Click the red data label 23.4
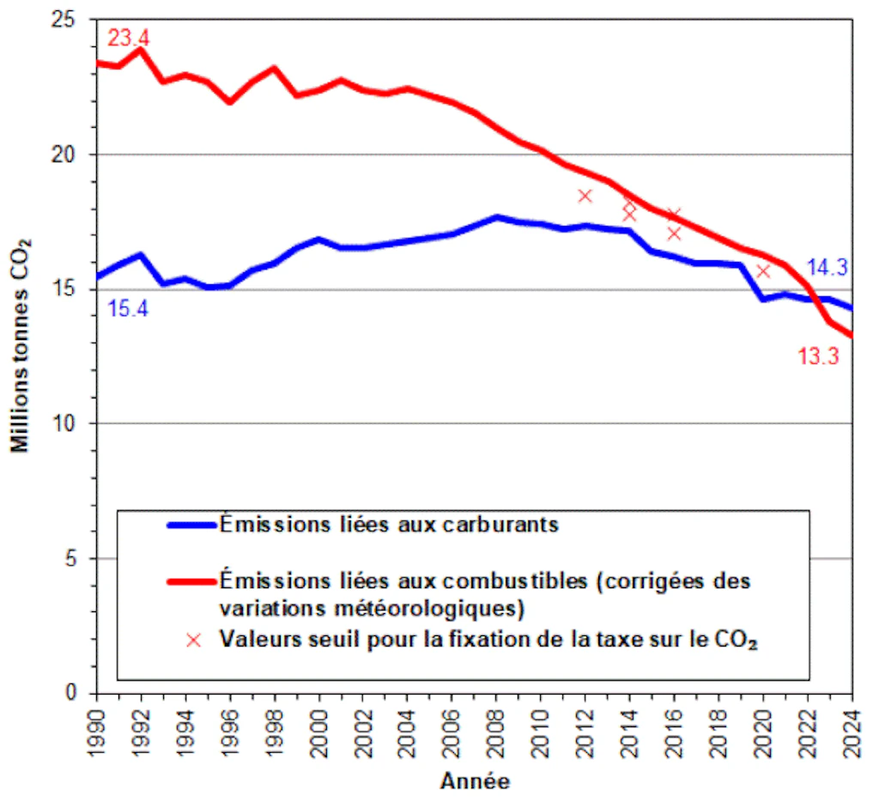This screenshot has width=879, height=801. [x=129, y=39]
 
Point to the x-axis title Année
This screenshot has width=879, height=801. [x=474, y=782]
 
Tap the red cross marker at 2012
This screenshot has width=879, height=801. [x=585, y=196]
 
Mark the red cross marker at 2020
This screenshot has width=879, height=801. [x=763, y=271]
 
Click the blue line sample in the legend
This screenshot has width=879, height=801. [x=191, y=524]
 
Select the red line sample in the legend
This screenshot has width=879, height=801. [x=191, y=580]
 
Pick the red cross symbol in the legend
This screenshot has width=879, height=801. [x=194, y=640]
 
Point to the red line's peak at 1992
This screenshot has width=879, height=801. [x=141, y=50]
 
